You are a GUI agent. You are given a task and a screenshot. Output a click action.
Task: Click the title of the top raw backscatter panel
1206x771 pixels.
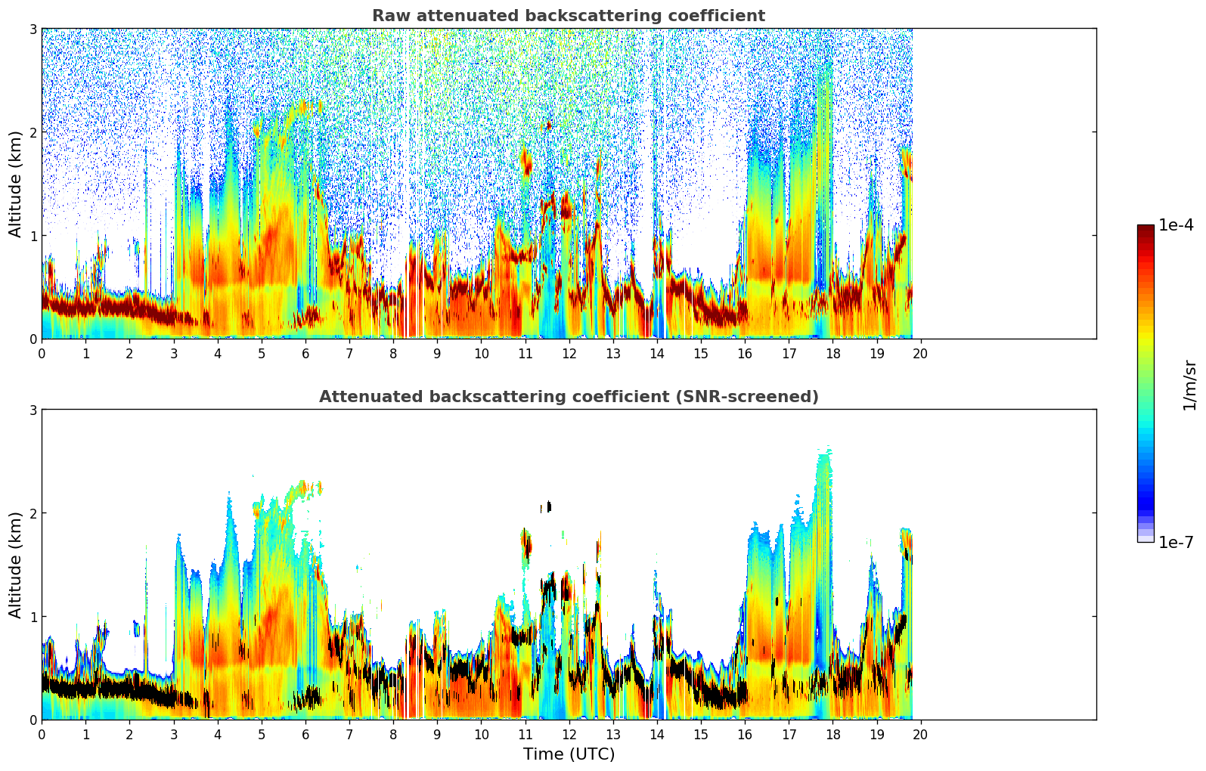pos(568,16)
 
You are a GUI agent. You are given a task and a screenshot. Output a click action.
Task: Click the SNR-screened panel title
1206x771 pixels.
pos(568,397)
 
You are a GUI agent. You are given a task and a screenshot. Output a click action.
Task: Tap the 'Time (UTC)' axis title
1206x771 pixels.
pos(569,754)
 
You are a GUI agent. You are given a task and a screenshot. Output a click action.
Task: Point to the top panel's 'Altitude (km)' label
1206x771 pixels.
pos(15,184)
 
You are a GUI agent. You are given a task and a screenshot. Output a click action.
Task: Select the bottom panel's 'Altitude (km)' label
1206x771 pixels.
pos(15,565)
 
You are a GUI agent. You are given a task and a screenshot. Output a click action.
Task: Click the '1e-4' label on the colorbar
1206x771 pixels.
pos(1176,225)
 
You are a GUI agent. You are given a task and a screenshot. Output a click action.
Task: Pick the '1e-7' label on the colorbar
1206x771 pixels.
pos(1176,542)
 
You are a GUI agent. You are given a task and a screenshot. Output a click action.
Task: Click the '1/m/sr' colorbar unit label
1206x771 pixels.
pos(1189,385)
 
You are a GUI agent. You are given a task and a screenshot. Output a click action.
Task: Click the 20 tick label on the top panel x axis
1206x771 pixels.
pos(920,353)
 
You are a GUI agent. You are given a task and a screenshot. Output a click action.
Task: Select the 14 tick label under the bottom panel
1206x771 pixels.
pos(656,734)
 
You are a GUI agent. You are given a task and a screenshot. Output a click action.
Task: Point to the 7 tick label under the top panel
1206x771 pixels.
pos(349,353)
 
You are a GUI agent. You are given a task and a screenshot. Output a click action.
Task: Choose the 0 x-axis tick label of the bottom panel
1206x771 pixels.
pos(42,734)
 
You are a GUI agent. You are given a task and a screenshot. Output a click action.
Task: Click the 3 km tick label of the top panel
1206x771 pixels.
pos(33,29)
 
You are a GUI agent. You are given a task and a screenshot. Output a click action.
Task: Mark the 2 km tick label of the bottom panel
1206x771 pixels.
pos(33,513)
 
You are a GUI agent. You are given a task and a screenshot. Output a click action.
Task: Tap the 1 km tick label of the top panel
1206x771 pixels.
pos(33,236)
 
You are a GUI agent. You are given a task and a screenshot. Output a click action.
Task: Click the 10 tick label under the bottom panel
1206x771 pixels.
pos(481,734)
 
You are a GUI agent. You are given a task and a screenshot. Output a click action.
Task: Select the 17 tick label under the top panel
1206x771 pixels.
pos(789,353)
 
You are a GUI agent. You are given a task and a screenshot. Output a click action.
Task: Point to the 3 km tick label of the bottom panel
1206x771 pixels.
pos(33,410)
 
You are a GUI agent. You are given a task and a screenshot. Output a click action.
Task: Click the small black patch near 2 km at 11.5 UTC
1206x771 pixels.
pos(548,506)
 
